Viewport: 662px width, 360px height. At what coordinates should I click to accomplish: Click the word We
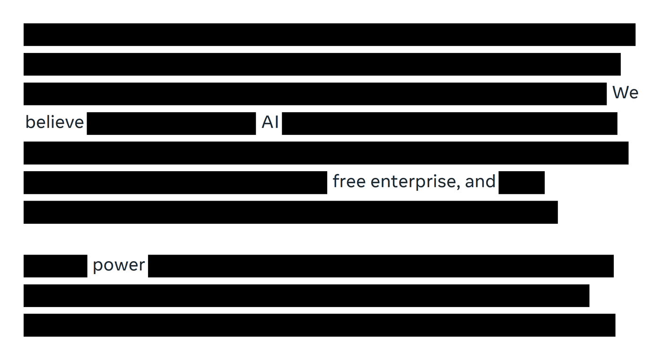coord(625,93)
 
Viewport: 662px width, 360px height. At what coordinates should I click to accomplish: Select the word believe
coord(55,122)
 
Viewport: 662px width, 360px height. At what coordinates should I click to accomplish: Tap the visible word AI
coord(270,122)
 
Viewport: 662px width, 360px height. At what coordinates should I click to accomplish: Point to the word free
coord(349,181)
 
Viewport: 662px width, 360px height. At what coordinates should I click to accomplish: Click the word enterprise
coord(414,182)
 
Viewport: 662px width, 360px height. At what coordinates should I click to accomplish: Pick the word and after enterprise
coord(480,181)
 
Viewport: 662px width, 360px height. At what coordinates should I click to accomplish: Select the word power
coord(119,265)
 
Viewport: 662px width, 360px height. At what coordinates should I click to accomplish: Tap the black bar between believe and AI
coord(171,123)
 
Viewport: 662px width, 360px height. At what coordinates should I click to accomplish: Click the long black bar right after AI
coord(450,123)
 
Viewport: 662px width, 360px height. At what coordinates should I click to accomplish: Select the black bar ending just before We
coord(315,94)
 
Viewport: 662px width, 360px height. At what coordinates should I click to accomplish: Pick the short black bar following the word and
coord(522,183)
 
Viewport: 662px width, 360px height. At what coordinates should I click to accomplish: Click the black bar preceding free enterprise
coord(175,183)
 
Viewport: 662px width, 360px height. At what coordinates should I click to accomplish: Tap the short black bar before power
coord(56,266)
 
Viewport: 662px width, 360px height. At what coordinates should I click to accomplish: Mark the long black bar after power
coord(381,266)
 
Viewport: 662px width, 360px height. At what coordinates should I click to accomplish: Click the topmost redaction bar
coord(330,35)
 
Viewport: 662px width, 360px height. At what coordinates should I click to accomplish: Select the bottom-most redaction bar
coord(320,325)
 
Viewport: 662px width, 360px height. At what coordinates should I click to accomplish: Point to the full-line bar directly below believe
coord(326,153)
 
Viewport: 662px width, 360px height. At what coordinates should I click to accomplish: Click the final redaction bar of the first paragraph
coord(291,212)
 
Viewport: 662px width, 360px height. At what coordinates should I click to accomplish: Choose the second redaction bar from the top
coord(322,64)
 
